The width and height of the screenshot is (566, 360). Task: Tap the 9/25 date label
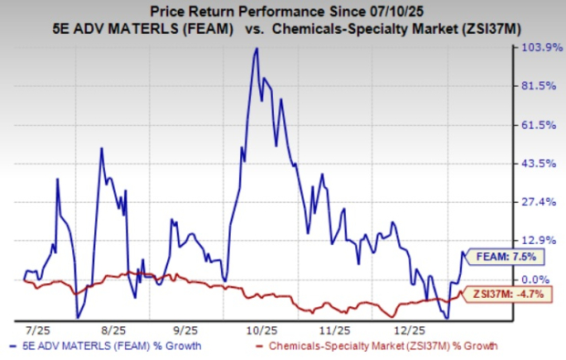pyautogui.click(x=185, y=327)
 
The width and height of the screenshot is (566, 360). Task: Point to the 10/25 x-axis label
pyautogui.click(x=261, y=327)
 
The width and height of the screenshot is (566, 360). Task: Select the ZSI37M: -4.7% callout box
pyautogui.click(x=502, y=294)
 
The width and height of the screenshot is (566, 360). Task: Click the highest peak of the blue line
pyautogui.click(x=257, y=48)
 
